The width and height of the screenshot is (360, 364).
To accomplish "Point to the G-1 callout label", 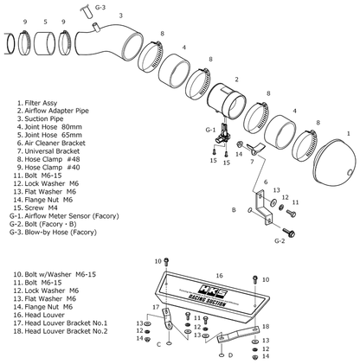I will click(209, 129).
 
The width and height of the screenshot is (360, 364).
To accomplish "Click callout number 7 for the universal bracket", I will click(253, 161).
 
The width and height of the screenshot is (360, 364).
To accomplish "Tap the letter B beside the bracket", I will click(233, 209).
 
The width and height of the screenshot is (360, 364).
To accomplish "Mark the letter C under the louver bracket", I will click(158, 342).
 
